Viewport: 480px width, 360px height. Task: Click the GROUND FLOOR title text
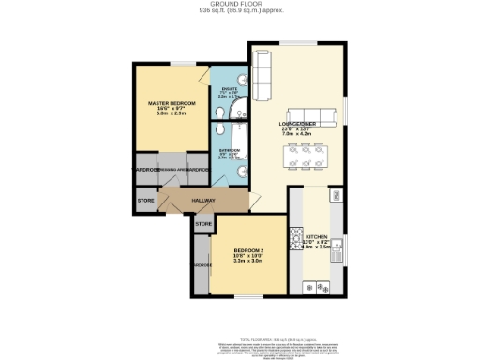pyautogui.click(x=240, y=4)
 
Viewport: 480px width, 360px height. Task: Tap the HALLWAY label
pyautogui.click(x=203, y=201)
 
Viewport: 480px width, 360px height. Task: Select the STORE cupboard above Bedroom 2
pyautogui.click(x=203, y=226)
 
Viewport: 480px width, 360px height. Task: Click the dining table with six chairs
pyautogui.click(x=307, y=154)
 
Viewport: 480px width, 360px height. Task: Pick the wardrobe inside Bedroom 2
pyautogui.click(x=200, y=266)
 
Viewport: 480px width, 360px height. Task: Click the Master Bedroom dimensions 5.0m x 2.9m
pyautogui.click(x=170, y=113)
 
